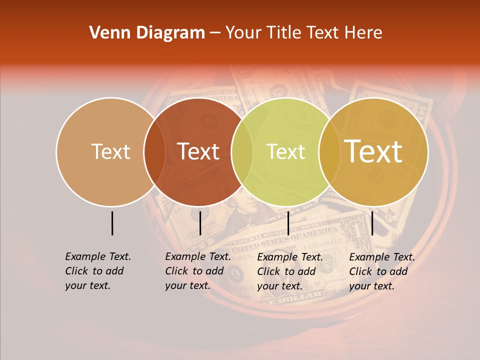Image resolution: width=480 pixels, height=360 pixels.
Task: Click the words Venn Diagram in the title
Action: click(147, 33)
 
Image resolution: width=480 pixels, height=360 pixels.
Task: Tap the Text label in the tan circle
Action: click(110, 151)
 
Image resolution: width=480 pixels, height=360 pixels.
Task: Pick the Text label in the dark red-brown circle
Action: click(198, 151)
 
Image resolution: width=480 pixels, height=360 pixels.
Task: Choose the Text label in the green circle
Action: click(285, 151)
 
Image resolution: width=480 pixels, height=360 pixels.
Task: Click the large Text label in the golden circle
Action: click(373, 151)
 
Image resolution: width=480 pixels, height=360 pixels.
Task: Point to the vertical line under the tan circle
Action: click(112, 223)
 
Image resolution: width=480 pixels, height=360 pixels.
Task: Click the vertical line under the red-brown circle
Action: click(200, 223)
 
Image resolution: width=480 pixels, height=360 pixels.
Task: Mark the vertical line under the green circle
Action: click(288, 223)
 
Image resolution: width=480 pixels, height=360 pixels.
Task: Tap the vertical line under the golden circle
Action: click(372, 223)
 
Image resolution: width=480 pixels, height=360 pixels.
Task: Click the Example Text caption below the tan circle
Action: click(98, 271)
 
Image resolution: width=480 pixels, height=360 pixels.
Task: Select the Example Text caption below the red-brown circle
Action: click(198, 271)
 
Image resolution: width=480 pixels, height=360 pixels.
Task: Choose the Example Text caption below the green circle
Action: click(290, 271)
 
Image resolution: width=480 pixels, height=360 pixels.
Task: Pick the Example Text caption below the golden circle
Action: click(382, 271)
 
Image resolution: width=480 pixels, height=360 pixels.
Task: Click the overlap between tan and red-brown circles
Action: click(154, 151)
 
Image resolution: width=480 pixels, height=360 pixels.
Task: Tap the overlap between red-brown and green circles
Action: click(242, 151)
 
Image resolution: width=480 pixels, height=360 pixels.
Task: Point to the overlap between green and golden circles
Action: click(329, 151)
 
